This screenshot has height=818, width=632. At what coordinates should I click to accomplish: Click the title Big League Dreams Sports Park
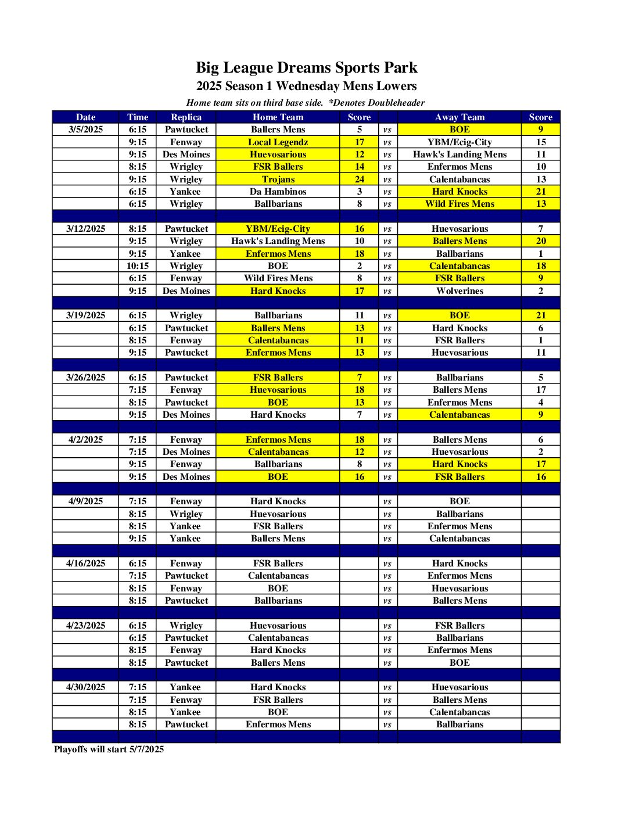[x=306, y=67]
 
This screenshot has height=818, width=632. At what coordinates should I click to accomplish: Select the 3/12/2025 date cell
[x=85, y=229]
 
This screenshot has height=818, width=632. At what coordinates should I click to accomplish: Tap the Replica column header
[x=186, y=117]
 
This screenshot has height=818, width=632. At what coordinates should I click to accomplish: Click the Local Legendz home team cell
[x=278, y=142]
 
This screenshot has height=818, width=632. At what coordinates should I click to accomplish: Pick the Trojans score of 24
[x=359, y=179]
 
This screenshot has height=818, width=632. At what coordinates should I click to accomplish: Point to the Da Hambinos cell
[x=278, y=192]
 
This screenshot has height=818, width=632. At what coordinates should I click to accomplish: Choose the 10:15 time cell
[x=138, y=266]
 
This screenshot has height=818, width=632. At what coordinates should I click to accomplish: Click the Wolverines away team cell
[x=459, y=290]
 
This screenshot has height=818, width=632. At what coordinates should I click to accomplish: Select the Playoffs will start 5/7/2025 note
[x=109, y=749]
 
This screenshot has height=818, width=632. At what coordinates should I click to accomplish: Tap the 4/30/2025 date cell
[x=85, y=687]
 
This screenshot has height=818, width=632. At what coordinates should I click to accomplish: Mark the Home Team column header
[x=278, y=117]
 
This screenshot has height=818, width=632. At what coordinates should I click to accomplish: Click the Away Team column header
[x=459, y=117]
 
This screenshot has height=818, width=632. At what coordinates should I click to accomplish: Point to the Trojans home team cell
[x=278, y=179]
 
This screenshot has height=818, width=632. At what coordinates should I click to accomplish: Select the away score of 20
[x=541, y=241]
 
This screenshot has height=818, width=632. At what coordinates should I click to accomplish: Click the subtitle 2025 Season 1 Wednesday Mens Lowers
[x=306, y=86]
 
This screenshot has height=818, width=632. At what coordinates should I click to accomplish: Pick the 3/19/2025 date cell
[x=85, y=315]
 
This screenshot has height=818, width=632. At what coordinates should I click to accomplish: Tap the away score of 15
[x=541, y=142]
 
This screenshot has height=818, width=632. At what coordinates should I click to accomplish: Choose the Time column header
[x=138, y=117]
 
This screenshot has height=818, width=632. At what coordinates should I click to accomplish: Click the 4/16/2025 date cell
[x=85, y=564]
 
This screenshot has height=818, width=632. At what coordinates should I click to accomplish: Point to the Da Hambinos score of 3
[x=359, y=192]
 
